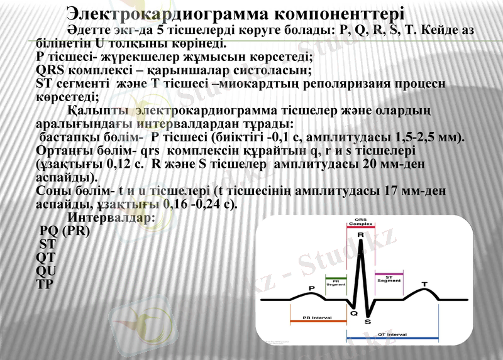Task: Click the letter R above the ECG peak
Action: [360, 235]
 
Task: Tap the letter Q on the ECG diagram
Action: [353, 313]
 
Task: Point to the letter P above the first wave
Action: [311, 288]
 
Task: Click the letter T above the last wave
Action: [424, 285]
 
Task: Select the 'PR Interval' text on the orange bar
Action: [317, 317]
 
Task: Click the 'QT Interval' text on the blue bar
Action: [392, 335]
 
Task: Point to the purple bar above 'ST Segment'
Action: [389, 273]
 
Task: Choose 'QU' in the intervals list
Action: [47, 271]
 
